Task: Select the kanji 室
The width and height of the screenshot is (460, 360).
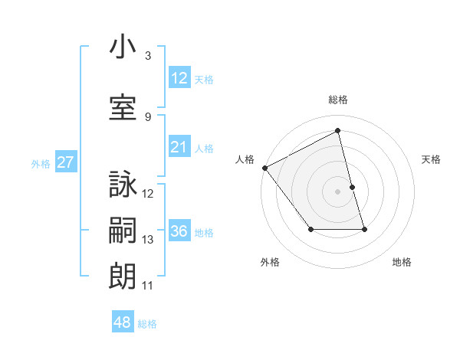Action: (123, 106)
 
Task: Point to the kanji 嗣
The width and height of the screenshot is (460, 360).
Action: (123, 230)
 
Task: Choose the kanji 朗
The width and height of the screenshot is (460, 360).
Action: (123, 274)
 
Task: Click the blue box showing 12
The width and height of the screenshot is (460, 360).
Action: (179, 78)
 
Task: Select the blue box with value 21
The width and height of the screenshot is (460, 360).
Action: (179, 147)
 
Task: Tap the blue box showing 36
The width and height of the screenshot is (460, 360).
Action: (179, 232)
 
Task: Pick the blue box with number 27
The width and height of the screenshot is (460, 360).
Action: (65, 162)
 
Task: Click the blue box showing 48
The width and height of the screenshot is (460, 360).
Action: (123, 323)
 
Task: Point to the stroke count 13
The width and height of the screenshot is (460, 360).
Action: (148, 240)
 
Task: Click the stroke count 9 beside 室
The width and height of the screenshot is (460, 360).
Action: (148, 116)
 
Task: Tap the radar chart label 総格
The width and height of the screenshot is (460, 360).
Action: (338, 100)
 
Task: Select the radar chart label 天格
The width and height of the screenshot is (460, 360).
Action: (432, 159)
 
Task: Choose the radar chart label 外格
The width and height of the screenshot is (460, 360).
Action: (270, 262)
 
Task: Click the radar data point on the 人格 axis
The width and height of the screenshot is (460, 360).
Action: (264, 168)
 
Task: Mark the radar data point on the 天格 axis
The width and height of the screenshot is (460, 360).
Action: (353, 187)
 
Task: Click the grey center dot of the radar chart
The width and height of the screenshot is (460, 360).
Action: (338, 191)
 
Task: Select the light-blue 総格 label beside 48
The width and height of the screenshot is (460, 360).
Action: (147, 324)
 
